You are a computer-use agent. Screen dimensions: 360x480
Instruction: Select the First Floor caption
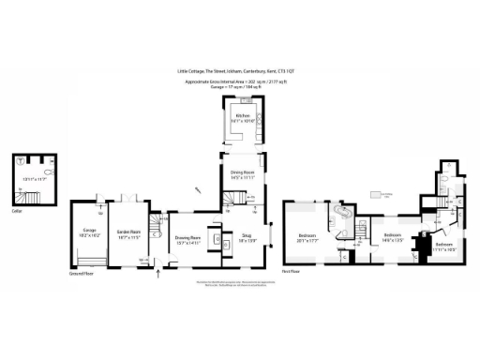pyautogui.click(x=293, y=271)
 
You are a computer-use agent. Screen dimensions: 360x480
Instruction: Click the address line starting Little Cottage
pyautogui.click(x=239, y=69)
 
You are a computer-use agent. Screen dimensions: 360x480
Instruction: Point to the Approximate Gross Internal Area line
pyautogui.click(x=239, y=82)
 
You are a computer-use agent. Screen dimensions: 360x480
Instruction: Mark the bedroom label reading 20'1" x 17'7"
pyautogui.click(x=307, y=236)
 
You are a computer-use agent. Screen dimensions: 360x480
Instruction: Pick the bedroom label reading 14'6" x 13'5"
pyautogui.click(x=392, y=236)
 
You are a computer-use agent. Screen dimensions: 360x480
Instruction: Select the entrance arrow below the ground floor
pyautogui.click(x=157, y=274)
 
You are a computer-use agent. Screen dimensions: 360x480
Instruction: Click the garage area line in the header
pyautogui.click(x=239, y=86)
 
